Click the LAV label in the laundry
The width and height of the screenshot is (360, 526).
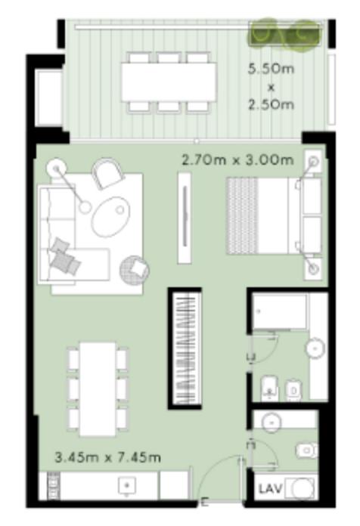pyautogui.click(x=270, y=489)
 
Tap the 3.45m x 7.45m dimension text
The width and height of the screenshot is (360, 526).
pyautogui.click(x=107, y=457)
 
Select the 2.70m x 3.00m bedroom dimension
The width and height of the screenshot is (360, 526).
pyautogui.click(x=237, y=160)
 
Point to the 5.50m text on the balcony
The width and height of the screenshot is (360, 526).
pyautogui.click(x=271, y=69)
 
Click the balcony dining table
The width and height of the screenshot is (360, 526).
pyautogui.click(x=169, y=82)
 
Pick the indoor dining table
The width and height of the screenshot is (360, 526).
pyautogui.click(x=98, y=389)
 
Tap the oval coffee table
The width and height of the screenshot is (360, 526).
pyautogui.click(x=110, y=216)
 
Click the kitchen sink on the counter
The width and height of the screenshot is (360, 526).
pyautogui.click(x=126, y=485)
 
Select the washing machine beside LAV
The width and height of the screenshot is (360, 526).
pyautogui.click(x=301, y=488)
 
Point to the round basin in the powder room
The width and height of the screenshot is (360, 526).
pyautogui.click(x=272, y=422)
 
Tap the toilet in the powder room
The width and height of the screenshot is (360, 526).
pyautogui.click(x=307, y=450)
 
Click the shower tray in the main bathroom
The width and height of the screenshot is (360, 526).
pyautogui.click(x=279, y=312)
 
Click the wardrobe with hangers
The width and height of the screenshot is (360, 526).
pyautogui.click(x=185, y=348)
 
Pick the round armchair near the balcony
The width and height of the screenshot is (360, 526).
pyautogui.click(x=107, y=173)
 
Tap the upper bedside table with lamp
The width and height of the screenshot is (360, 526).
pyautogui.click(x=313, y=162)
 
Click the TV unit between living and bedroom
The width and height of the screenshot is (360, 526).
pyautogui.click(x=185, y=218)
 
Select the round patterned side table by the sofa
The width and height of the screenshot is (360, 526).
pyautogui.click(x=135, y=269)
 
